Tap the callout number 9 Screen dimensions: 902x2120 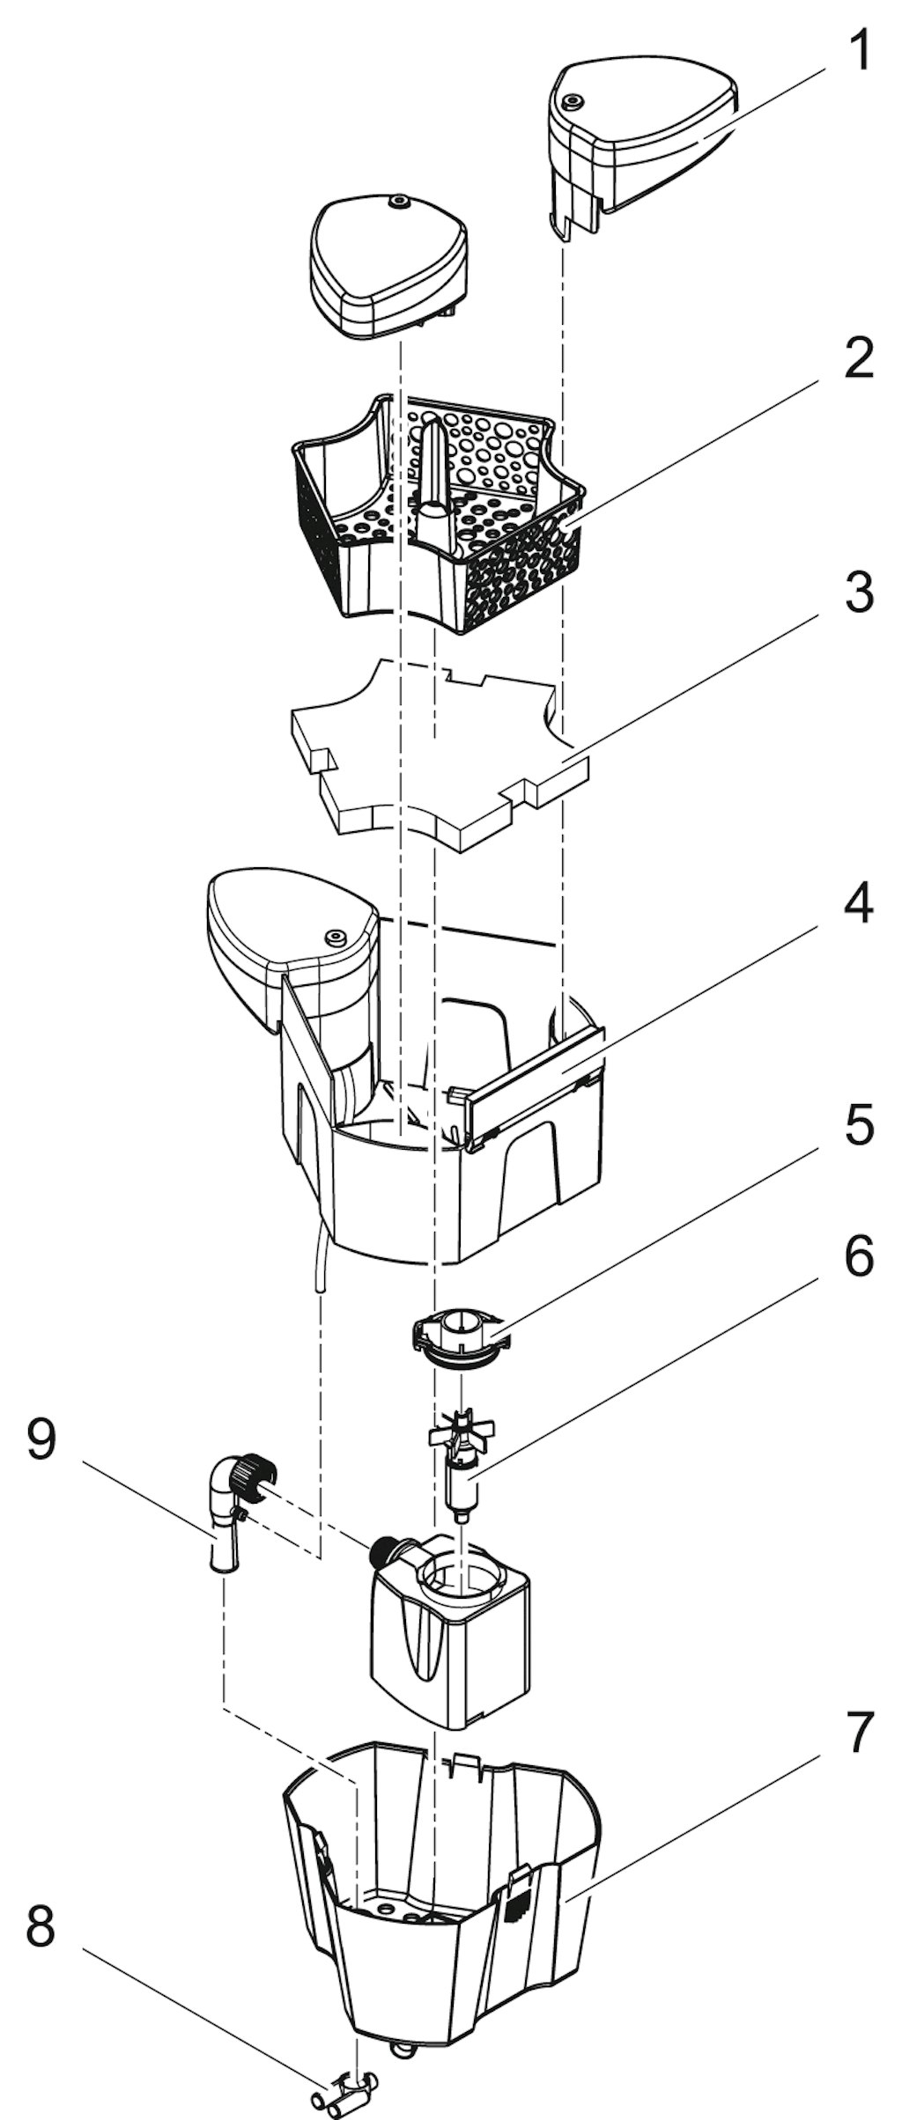(x=41, y=1442)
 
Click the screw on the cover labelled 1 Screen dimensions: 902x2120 (x=572, y=100)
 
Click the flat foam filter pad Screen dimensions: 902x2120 (x=439, y=753)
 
